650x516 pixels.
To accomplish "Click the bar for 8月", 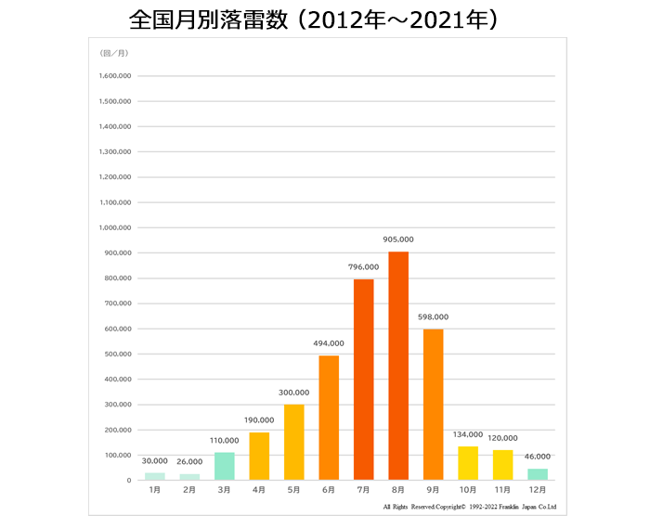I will (398, 366).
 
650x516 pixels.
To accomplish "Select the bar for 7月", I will (363, 380).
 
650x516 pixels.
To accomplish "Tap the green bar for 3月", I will (224, 466).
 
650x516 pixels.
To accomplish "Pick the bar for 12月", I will (538, 474).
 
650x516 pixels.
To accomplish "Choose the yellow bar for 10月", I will (468, 463).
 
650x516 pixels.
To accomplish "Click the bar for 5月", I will (293, 442).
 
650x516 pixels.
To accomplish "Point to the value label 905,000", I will (398, 239).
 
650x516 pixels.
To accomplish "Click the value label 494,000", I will (329, 343).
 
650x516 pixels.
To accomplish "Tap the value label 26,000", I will (189, 461).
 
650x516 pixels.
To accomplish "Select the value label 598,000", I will (434, 316).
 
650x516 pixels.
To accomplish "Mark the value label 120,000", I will (503, 438).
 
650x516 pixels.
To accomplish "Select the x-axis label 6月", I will (329, 491).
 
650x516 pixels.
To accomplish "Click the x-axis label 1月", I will (154, 491).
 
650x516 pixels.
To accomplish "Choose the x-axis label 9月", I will (434, 491).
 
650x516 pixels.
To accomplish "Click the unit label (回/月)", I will (111, 53).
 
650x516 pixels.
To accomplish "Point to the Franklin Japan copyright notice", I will (469, 507).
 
